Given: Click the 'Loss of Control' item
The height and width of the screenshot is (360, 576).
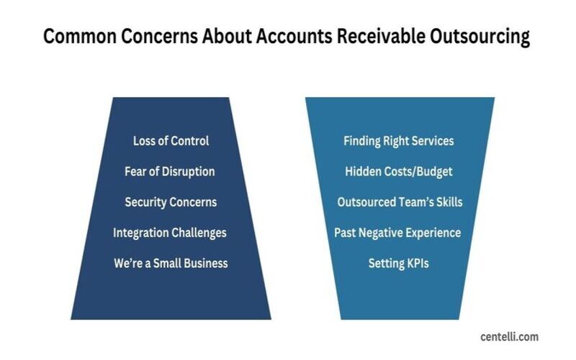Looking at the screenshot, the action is point(171,140).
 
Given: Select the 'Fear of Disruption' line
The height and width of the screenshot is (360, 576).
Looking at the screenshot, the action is point(170,171).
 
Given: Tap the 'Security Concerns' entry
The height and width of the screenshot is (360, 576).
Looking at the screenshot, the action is point(171,202).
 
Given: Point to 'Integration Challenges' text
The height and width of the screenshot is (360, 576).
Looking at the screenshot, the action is point(170,233).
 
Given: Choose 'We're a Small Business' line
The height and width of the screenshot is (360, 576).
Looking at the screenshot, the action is point(171,264).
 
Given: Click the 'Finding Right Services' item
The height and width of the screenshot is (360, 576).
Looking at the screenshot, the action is point(399,141).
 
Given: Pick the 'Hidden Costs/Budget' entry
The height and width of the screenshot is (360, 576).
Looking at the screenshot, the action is point(399,171).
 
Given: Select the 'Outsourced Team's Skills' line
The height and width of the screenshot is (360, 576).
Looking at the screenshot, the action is point(400,202).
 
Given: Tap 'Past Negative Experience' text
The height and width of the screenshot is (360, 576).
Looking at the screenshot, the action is point(397,233).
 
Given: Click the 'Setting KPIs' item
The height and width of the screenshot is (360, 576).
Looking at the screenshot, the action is point(399,264).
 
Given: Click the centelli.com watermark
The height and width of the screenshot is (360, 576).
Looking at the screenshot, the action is point(509,337).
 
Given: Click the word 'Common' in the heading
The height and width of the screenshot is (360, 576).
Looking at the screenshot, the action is point(80,37).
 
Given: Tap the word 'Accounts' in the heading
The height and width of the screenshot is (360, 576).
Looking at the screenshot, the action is point(294,37).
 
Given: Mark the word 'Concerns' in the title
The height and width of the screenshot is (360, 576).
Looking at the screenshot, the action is point(159,37).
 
